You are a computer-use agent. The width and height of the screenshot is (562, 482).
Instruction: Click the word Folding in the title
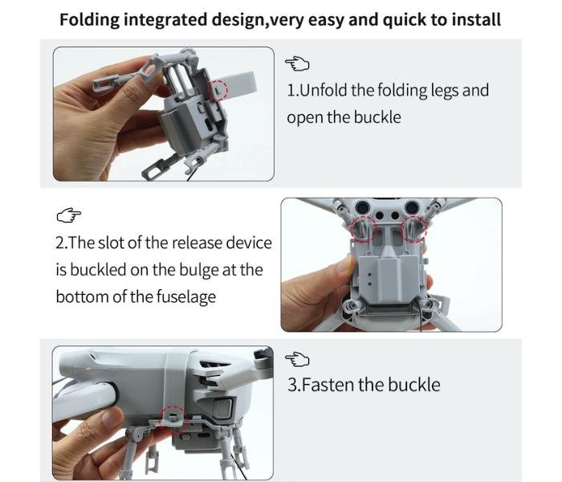click(x=89, y=20)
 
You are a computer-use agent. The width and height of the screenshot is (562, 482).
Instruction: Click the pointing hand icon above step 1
click(x=297, y=63)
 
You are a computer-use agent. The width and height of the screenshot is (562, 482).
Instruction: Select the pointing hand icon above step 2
click(x=69, y=215)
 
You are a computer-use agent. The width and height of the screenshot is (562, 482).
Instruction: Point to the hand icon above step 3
click(x=297, y=359)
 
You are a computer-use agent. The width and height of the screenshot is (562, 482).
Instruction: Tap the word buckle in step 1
click(x=377, y=117)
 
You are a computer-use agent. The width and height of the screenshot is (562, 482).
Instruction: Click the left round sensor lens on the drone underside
click(x=362, y=207)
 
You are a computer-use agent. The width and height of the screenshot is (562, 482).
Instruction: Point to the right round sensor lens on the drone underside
click(x=413, y=207)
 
